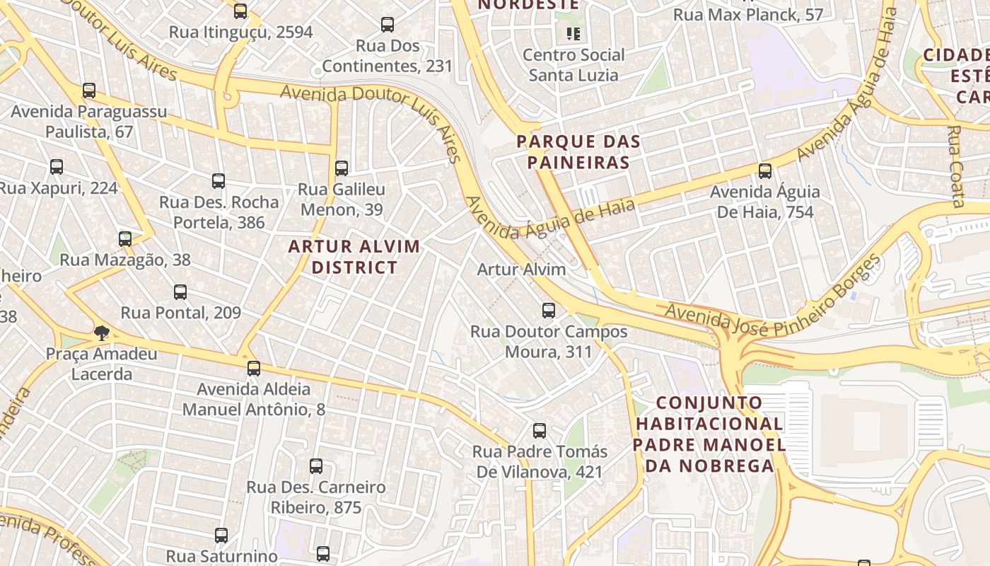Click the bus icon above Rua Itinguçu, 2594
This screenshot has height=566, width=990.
240,11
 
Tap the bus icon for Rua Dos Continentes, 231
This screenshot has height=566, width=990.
388,25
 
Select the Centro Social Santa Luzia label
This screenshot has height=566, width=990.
573,64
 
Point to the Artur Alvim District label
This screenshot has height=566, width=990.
354,257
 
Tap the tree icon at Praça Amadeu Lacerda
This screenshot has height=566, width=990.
102,333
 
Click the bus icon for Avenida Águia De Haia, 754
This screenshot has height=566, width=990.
764,171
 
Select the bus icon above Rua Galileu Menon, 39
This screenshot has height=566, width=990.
342,168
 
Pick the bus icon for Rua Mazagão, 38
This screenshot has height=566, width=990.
125,238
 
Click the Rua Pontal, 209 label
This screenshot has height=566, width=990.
180,313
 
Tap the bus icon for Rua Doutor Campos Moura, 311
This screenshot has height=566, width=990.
548,310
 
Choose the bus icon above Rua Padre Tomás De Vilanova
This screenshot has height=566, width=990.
540,430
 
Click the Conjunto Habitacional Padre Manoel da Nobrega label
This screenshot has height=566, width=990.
709,434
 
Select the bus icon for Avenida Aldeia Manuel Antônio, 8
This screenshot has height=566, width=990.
254,368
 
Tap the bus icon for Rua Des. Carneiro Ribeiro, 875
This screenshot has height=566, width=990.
316,466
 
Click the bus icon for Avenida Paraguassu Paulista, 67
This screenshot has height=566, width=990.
89,91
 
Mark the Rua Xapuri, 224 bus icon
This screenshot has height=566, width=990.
57,167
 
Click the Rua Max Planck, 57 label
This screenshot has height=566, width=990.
748,14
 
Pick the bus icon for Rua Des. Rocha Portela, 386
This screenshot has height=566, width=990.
219,181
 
